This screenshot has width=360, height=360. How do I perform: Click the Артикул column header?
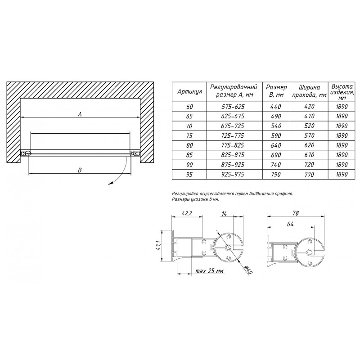point(189,92)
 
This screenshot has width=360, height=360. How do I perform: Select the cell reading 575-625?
point(233,107)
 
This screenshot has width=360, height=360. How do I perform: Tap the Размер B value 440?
point(276,107)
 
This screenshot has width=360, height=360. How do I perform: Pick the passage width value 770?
point(309,175)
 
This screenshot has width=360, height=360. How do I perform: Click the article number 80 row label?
point(189,145)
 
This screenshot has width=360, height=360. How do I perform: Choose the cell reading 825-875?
point(233,155)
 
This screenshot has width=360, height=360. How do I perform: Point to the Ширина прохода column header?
point(309,91)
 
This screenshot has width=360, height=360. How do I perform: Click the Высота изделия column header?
point(342,92)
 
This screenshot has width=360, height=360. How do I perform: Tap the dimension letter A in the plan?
point(80,114)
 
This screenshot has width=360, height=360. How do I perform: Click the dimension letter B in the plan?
point(80,170)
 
